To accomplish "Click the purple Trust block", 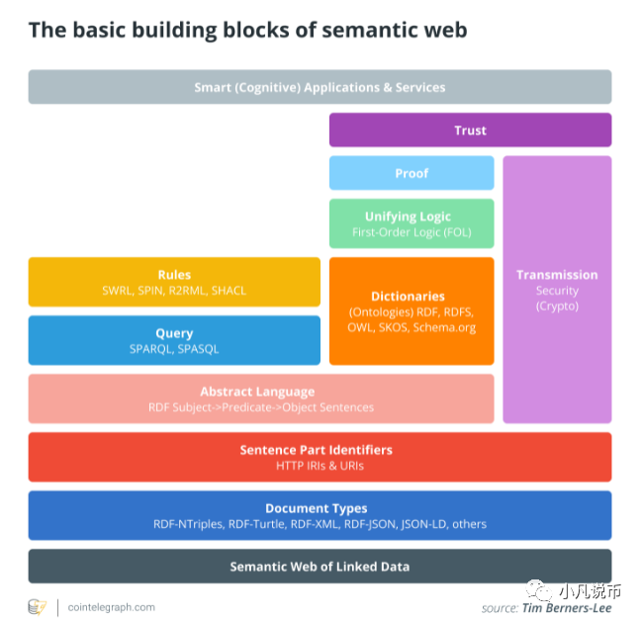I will [470, 130].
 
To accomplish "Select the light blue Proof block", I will [412, 173].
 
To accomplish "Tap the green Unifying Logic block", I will [412, 223].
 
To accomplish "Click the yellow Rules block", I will [174, 282].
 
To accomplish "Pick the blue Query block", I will [174, 340].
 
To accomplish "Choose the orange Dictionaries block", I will [412, 310].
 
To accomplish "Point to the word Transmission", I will [557, 275].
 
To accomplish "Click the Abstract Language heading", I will [257, 392].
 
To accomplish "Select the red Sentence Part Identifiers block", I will [320, 457].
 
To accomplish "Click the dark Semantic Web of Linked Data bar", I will [320, 567].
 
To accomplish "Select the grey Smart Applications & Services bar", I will [320, 87].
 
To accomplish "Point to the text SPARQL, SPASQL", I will [174, 349].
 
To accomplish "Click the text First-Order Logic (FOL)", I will [412, 232].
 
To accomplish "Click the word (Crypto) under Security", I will [557, 307].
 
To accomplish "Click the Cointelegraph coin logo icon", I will [38, 606].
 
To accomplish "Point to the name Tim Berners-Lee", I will [566, 608].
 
